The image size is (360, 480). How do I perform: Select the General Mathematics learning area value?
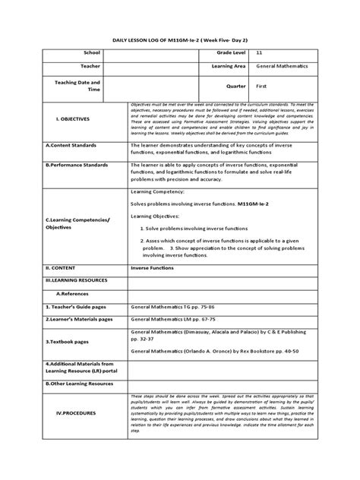click(287, 68)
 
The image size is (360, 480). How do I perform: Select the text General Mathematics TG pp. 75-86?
click(179, 307)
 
